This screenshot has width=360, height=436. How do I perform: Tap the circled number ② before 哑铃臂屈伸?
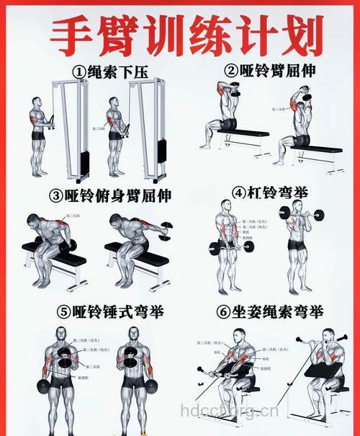coord(230,71)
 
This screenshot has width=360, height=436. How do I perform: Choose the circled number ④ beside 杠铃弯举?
coord(240,193)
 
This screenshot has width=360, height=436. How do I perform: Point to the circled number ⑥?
coord(223,312)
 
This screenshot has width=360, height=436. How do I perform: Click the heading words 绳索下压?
coord(119,72)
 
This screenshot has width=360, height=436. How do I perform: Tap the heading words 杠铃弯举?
coord(278,193)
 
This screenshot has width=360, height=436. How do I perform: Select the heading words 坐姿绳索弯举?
coord(277,312)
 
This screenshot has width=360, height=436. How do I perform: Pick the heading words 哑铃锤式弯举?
coord(117,312)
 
